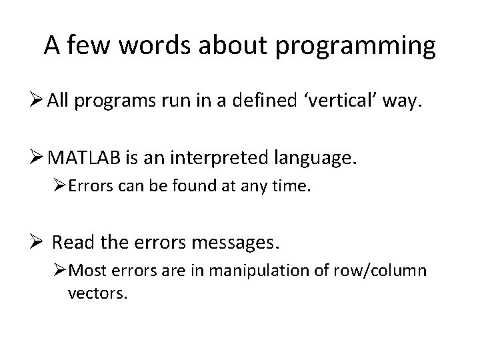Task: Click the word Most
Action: [103, 272]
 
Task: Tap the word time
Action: [294, 189]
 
